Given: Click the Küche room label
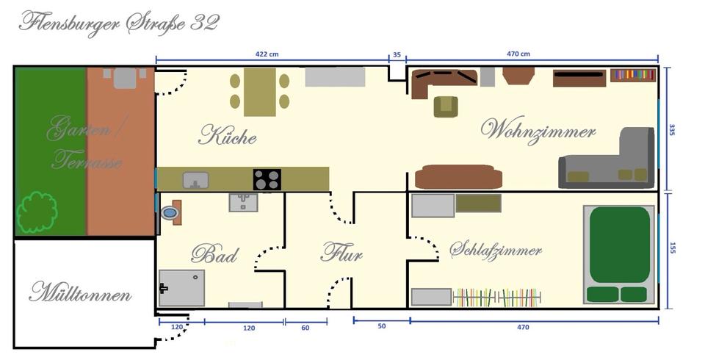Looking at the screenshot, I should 227,136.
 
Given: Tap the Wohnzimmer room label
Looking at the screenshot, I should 538,131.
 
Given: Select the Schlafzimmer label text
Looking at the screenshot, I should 496,250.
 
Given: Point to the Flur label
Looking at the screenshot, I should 341,254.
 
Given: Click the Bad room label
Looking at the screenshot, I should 214,255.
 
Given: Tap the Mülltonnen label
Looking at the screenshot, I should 80,295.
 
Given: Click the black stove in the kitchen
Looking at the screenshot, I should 267,179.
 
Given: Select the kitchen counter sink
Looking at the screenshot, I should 195,179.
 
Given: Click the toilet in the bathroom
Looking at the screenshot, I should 170,213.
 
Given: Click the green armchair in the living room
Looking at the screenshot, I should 445,107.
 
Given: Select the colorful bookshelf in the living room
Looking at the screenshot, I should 632,74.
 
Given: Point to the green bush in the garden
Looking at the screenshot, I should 37,212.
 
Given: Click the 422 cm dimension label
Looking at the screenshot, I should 267,54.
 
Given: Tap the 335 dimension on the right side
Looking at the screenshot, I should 671,129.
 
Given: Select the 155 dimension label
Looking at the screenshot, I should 671,248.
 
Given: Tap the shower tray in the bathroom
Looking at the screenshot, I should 181,288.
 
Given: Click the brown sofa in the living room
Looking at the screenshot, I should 458,177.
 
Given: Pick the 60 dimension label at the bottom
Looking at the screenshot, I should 305,328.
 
